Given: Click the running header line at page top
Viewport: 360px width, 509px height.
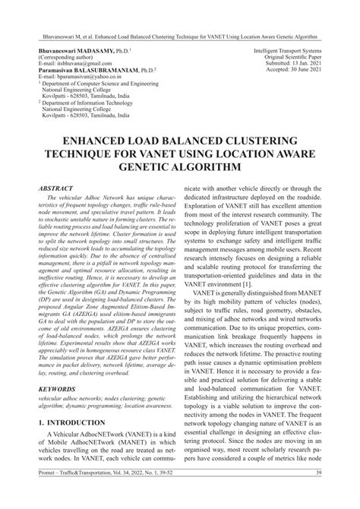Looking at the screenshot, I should [x=180, y=14].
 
